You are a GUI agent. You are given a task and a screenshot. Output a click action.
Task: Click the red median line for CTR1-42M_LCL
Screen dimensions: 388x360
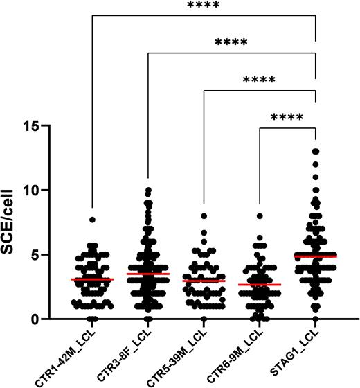click(92, 279)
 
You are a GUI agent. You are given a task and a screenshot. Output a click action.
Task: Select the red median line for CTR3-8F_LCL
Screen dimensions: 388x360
click(148, 274)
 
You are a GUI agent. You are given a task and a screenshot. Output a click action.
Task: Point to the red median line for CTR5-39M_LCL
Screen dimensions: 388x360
click(204, 281)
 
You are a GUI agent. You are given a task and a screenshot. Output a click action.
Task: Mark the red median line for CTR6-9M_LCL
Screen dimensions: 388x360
click(260, 285)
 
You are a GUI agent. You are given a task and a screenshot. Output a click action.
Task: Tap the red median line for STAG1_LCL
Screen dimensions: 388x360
click(316, 256)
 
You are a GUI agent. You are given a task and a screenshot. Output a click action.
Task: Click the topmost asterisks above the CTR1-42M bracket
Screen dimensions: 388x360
click(204, 6)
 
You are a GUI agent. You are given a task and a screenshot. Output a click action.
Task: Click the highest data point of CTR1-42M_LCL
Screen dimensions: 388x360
click(92, 220)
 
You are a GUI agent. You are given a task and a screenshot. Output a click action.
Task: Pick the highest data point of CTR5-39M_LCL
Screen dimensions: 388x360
click(204, 216)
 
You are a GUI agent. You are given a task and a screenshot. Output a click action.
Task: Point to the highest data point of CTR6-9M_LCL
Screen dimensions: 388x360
click(260, 216)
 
